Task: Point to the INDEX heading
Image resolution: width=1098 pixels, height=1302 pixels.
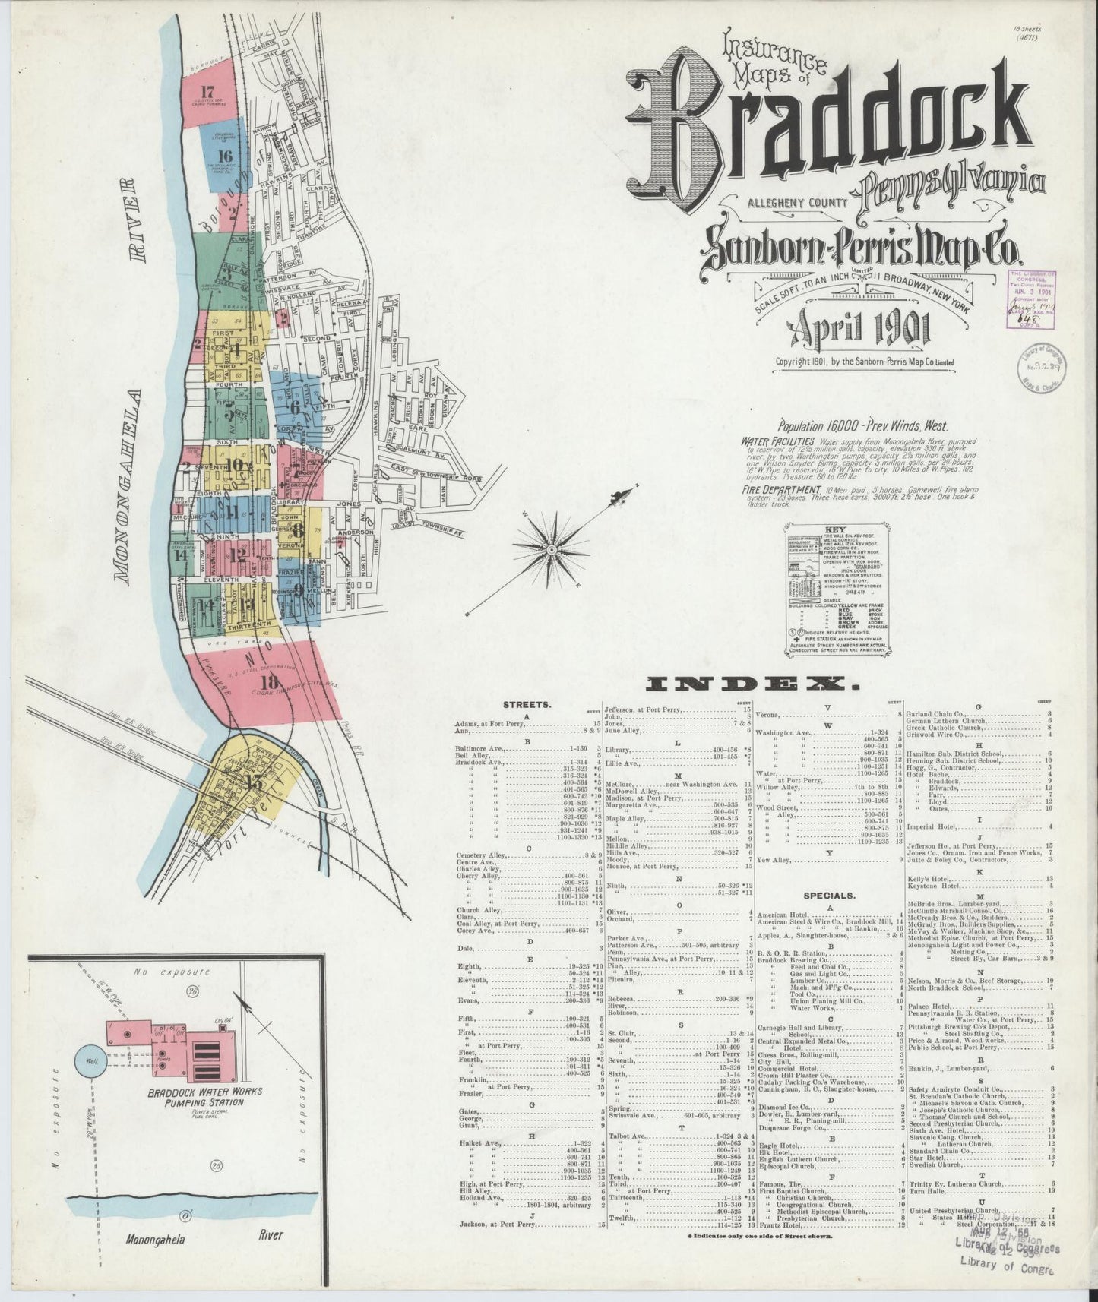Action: (x=753, y=685)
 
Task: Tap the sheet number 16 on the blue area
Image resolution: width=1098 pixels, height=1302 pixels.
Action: (x=225, y=157)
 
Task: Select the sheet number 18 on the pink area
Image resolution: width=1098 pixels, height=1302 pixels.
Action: (x=269, y=681)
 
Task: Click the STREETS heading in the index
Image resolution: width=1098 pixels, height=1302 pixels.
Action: (x=527, y=704)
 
